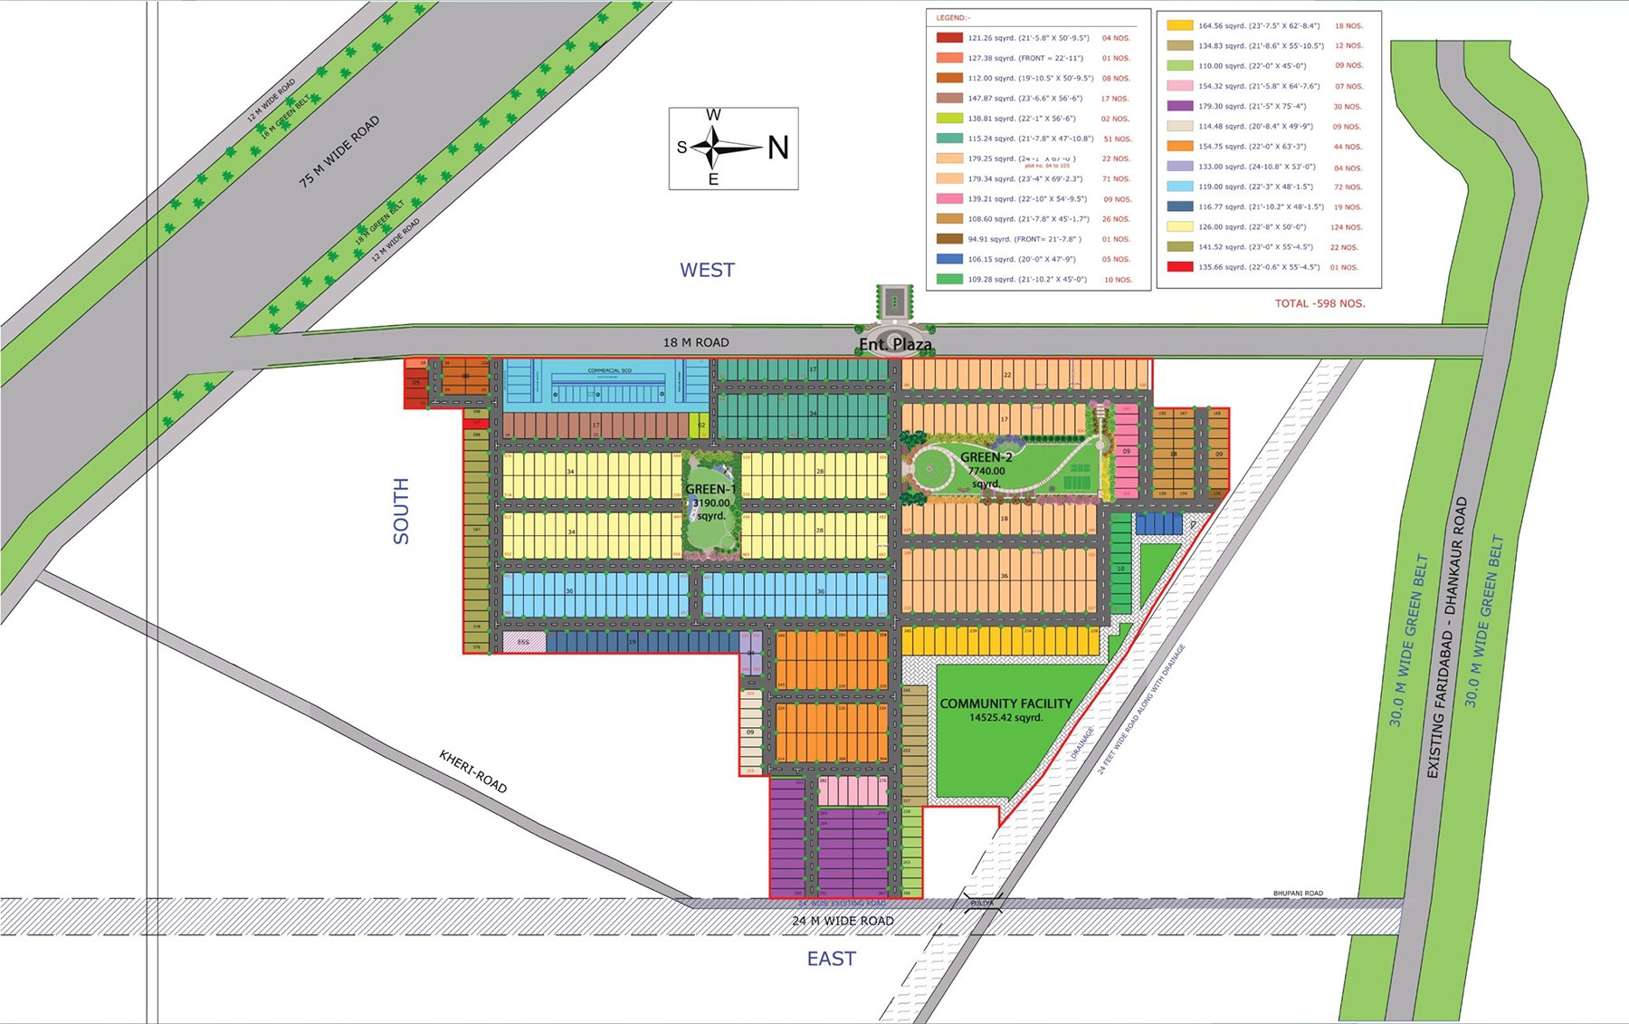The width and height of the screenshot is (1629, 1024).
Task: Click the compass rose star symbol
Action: click(714, 147)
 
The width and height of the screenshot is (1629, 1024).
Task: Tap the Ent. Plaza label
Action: click(895, 344)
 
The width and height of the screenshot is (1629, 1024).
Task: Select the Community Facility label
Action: click(1005, 703)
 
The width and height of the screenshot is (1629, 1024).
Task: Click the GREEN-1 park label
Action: click(710, 490)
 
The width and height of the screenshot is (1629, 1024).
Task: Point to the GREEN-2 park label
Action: click(986, 457)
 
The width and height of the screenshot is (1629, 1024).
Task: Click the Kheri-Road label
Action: click(473, 771)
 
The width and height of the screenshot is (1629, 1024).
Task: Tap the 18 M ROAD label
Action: click(695, 342)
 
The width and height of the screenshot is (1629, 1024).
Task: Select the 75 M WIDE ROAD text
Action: click(339, 152)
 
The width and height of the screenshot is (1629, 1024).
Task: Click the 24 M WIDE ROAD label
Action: click(843, 921)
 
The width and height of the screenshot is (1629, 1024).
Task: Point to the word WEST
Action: click(707, 270)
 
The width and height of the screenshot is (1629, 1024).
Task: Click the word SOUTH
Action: click(401, 511)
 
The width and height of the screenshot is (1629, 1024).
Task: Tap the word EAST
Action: click(831, 959)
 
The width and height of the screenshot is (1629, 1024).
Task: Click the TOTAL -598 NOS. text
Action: click(1319, 303)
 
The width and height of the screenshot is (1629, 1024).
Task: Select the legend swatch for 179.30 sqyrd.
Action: click(1179, 106)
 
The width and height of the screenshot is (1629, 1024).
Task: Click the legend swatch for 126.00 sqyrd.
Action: click(1179, 227)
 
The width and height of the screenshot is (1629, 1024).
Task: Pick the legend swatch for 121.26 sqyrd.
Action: click(948, 38)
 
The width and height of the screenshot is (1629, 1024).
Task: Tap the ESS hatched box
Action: click(523, 642)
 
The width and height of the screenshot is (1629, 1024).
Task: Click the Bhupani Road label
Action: click(1298, 894)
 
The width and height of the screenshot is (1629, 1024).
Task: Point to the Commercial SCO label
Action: click(609, 370)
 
